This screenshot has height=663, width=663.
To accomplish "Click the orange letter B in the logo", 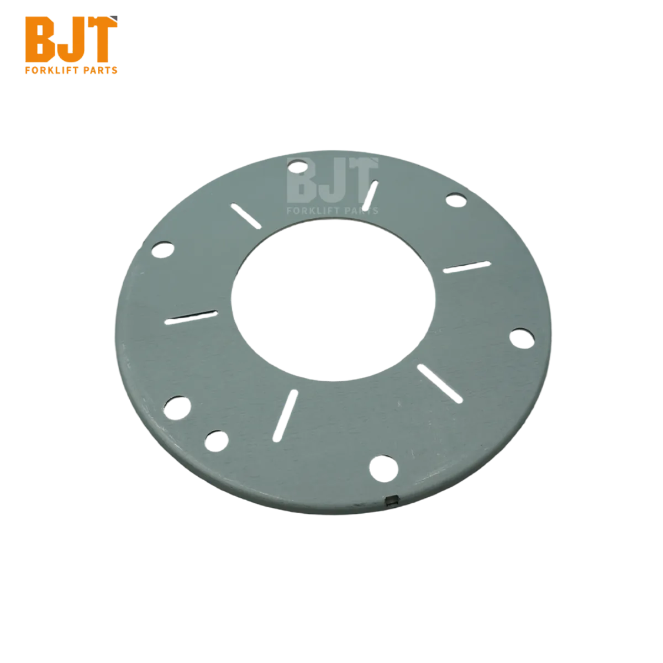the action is pyautogui.click(x=40, y=39).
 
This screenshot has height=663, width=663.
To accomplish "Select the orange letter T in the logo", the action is pyautogui.click(x=100, y=39).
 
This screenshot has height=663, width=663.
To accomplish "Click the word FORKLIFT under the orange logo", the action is pyautogui.click(x=51, y=70).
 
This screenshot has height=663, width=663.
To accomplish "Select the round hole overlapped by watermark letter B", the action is pyautogui.click(x=298, y=167).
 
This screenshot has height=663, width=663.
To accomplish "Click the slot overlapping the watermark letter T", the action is pyautogui.click(x=370, y=195).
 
